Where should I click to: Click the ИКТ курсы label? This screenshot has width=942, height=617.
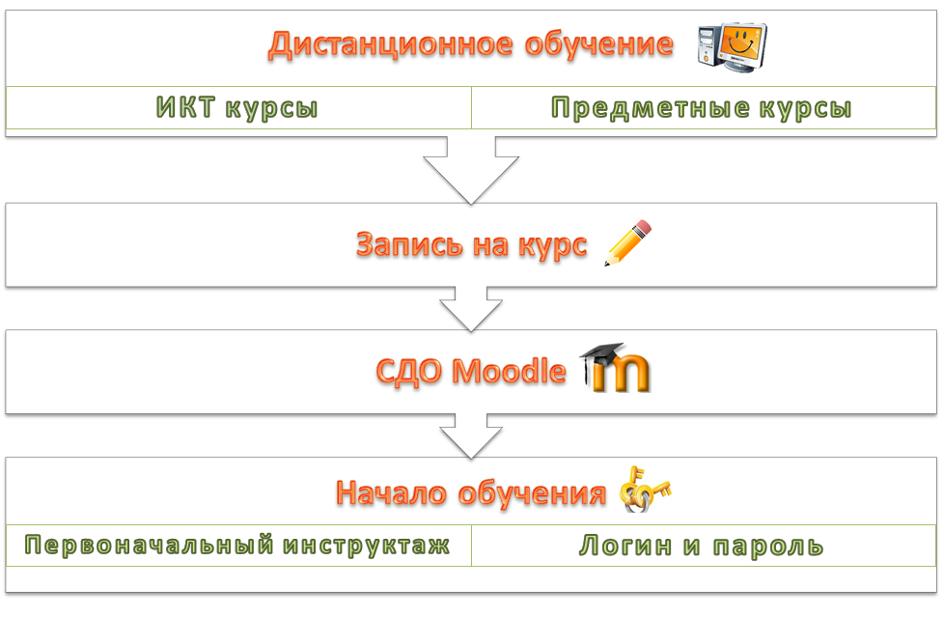click(236, 108)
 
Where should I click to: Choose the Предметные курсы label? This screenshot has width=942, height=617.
click(702, 108)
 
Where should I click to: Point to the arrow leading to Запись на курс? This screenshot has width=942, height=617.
click(471, 170)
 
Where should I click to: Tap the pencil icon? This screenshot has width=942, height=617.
click(628, 242)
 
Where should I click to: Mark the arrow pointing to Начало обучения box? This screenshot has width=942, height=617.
click(471, 436)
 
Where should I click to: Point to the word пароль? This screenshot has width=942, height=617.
click(768, 547)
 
